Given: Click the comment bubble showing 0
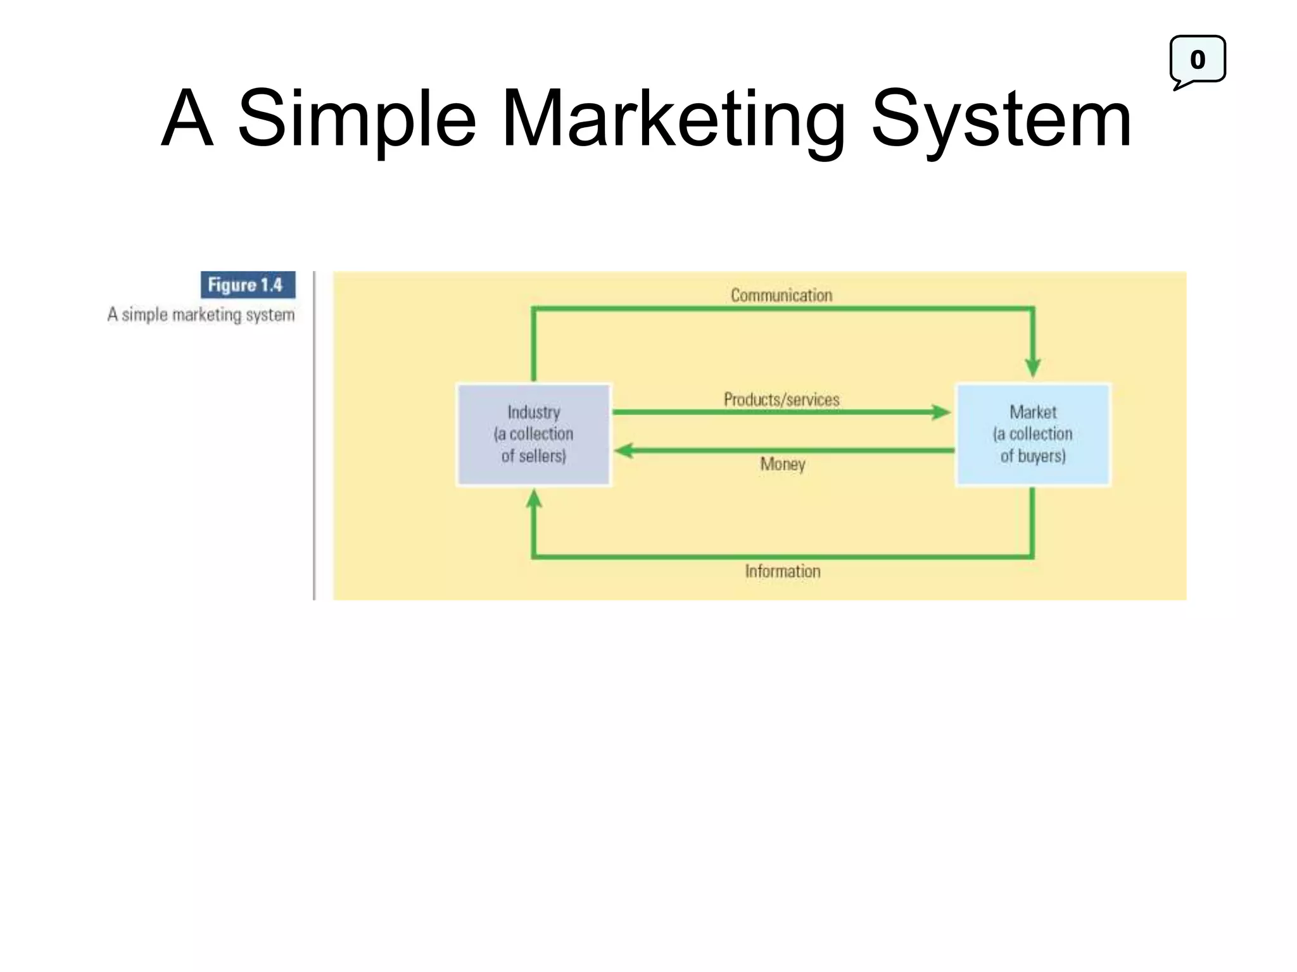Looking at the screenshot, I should pyautogui.click(x=1197, y=60).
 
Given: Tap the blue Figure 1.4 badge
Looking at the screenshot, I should pyautogui.click(x=248, y=285).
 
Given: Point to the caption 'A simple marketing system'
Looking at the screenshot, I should pyautogui.click(x=201, y=315).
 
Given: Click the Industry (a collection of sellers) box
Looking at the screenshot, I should pyautogui.click(x=533, y=434).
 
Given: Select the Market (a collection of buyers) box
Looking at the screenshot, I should pyautogui.click(x=1032, y=434).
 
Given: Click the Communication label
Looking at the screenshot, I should pyautogui.click(x=781, y=295).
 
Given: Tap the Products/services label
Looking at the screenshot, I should pyautogui.click(x=781, y=399).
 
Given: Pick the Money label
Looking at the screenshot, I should pyautogui.click(x=783, y=464).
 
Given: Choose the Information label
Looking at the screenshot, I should pyautogui.click(x=783, y=571).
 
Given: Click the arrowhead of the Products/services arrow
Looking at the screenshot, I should pyautogui.click(x=942, y=413).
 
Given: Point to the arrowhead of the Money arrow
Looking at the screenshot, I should pyautogui.click(x=624, y=451).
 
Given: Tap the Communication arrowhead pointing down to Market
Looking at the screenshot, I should pyautogui.click(x=1033, y=367).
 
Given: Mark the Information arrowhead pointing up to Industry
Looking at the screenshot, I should pyautogui.click(x=534, y=499).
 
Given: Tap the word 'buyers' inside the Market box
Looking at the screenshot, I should pyautogui.click(x=1041, y=456).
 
